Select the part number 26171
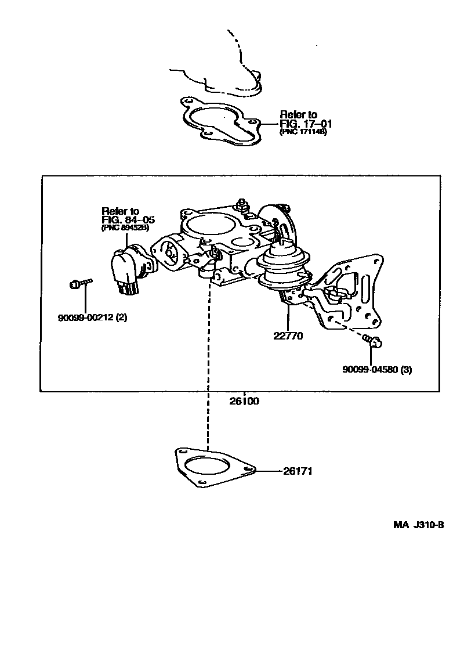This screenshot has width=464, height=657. [298, 471]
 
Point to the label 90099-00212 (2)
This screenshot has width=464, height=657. [92, 317]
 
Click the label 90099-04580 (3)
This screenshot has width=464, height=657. [377, 369]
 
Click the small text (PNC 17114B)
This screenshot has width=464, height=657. [303, 132]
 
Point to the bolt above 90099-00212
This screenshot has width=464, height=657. [80, 283]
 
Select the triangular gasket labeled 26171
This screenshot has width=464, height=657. [215, 467]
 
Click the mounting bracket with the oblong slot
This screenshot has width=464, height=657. [354, 290]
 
